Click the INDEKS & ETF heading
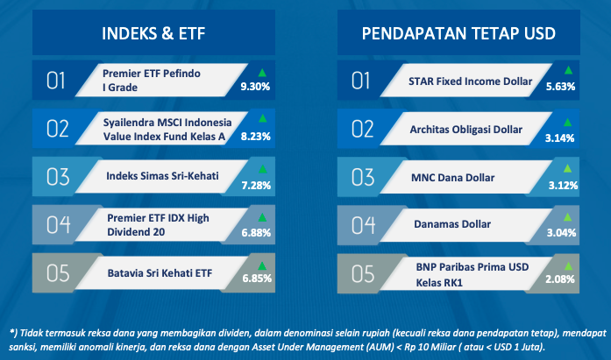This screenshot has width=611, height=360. point(153,33)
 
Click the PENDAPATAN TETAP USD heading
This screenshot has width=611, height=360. point(458,33)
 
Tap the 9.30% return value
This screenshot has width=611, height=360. point(255,87)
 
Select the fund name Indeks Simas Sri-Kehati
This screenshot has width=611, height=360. point(162,176)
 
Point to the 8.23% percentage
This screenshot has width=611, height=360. point(256,137)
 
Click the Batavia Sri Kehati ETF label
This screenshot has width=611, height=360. point(160,273)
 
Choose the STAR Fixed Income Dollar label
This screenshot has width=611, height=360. point(471,81)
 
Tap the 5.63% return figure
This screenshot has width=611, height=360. point(560,87)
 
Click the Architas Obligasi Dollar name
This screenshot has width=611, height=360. point(466,130)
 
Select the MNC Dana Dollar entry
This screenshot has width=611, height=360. point(453,178)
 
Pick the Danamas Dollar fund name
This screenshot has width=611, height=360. point(452,224)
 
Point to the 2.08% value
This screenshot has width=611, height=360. point(560,279)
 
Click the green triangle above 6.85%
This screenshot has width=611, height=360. point(262,265)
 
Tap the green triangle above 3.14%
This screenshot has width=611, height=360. point(568,123)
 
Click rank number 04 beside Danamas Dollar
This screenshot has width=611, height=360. point(363,225)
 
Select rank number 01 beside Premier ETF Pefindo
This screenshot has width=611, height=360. point(56,81)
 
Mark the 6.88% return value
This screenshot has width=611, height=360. point(256,233)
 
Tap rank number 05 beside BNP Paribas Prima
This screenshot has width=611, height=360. point(363,273)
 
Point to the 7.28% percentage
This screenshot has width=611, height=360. point(256,185)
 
